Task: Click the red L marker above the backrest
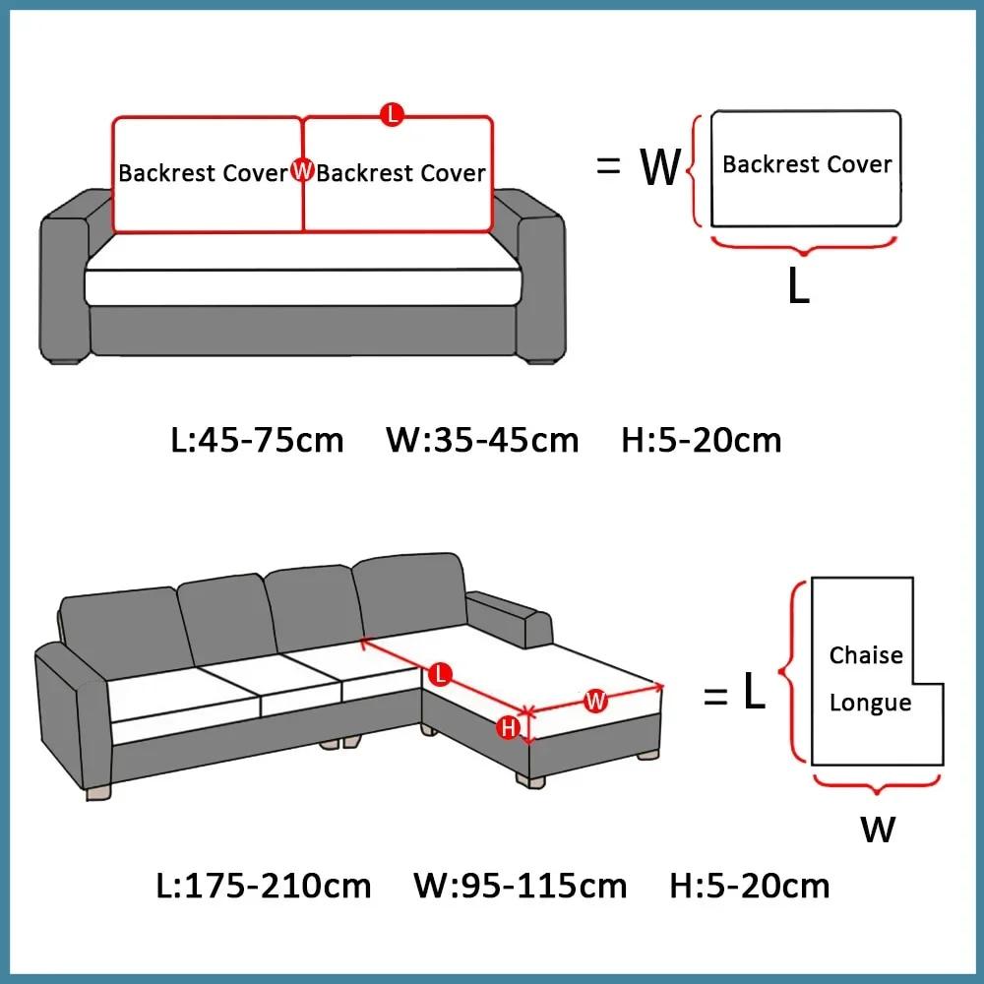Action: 392,115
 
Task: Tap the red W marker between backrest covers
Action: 302,171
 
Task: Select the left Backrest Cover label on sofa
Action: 203,173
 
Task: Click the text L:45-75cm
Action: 258,439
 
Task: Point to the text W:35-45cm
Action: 482,439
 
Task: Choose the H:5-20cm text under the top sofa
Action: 701,439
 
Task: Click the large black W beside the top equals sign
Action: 660,167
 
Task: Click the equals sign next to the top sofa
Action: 609,167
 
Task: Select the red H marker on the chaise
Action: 509,728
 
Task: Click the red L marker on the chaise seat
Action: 441,674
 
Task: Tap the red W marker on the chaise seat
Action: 595,701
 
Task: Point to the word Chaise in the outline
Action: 866,655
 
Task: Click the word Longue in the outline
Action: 870,703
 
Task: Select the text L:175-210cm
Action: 264,886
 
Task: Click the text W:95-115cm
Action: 520,886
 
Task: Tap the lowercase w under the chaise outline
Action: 878,829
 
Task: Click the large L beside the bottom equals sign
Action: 754,695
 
